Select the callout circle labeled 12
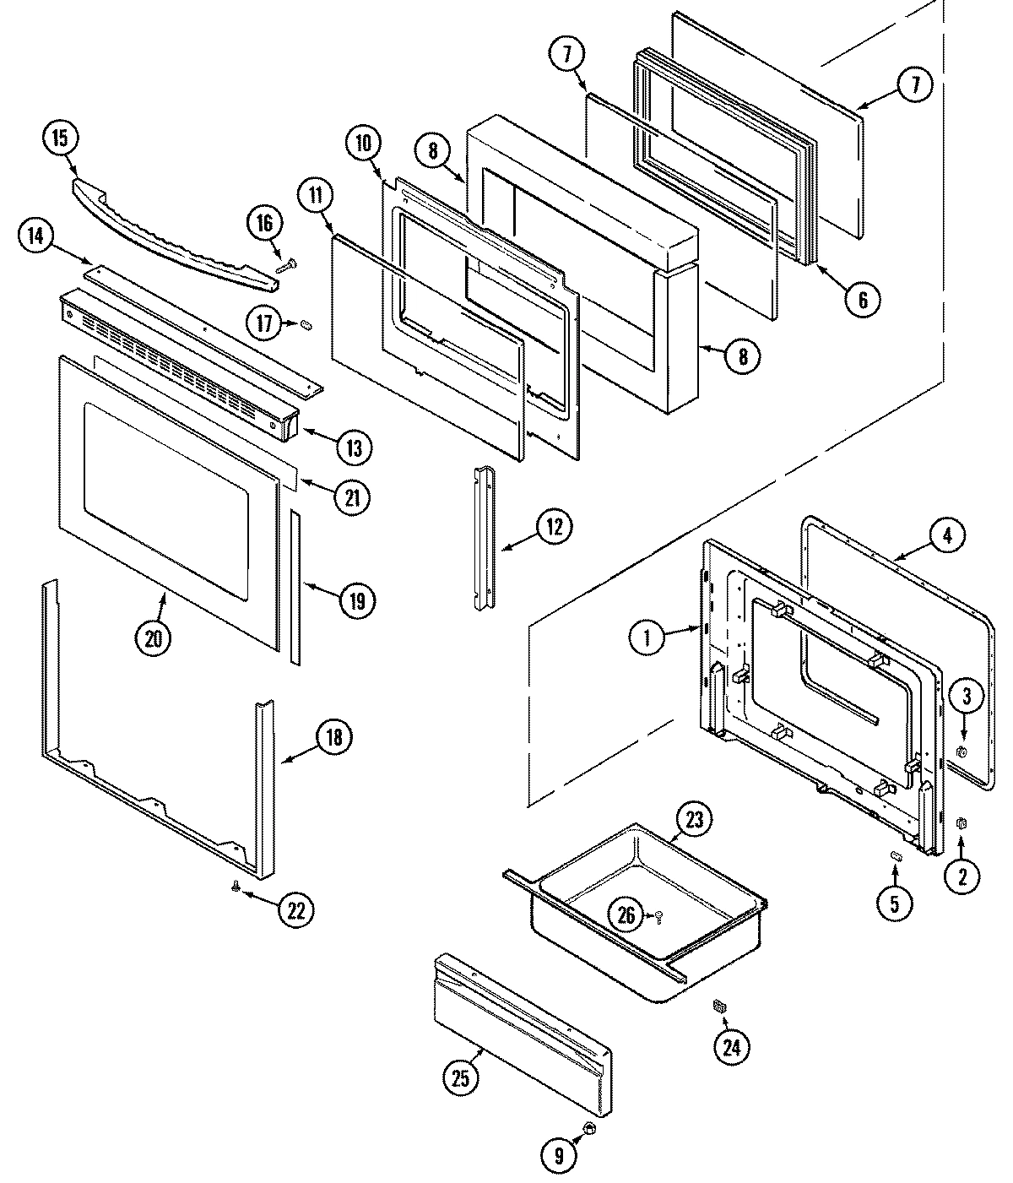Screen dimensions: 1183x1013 [554, 527]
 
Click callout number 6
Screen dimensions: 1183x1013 [863, 299]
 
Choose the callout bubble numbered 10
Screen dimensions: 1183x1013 [363, 144]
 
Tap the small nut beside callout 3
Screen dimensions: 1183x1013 [960, 752]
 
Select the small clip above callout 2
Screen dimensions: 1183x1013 [959, 822]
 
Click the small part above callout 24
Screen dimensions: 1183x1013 [719, 1006]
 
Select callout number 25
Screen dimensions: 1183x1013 [461, 1077]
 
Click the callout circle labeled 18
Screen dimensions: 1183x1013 [333, 737]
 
